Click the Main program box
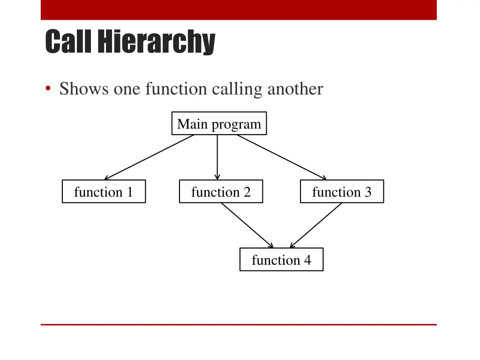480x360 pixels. [x=219, y=123]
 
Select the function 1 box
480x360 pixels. [x=104, y=191]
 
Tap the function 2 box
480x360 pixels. [x=221, y=191]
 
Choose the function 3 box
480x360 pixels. [x=342, y=191]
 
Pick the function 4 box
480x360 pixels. [x=281, y=259]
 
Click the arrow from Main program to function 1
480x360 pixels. [x=149, y=157]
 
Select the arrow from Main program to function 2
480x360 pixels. [x=217, y=157]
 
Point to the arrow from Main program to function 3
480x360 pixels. [x=281, y=157]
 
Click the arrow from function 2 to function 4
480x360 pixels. [x=247, y=225]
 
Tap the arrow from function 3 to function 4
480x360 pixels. [x=316, y=225]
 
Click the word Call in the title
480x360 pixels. [x=69, y=42]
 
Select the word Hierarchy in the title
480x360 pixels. [x=156, y=42]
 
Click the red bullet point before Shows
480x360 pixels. [x=48, y=89]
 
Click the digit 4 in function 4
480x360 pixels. [x=307, y=260]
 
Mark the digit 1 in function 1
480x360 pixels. [x=129, y=192]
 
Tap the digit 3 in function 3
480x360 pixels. [x=367, y=192]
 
